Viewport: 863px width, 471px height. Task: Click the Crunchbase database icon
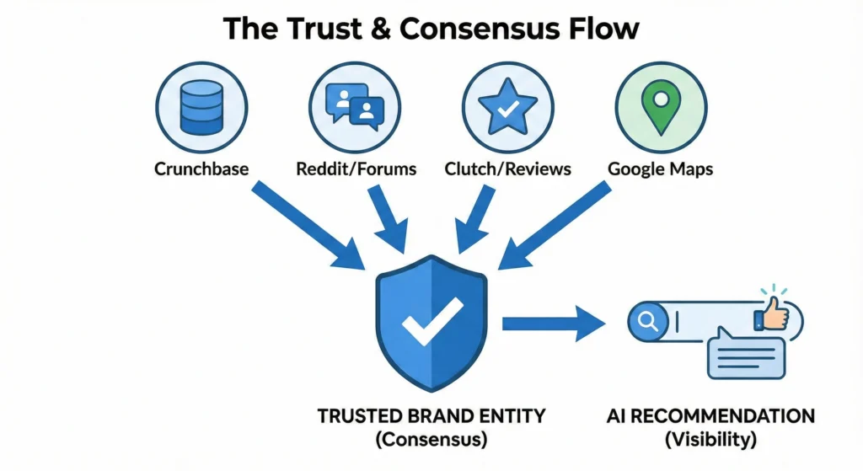click(201, 107)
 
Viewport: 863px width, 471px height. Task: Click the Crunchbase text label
click(201, 169)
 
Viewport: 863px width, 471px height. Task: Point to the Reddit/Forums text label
click(356, 169)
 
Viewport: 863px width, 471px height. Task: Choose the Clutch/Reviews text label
click(507, 169)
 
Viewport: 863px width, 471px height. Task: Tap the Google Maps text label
click(660, 169)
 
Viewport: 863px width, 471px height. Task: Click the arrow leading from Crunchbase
click(303, 223)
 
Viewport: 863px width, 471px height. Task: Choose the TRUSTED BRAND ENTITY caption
click(431, 416)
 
